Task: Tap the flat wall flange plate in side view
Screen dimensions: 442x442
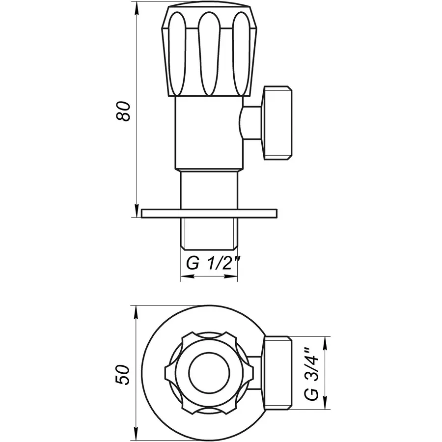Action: click(209, 213)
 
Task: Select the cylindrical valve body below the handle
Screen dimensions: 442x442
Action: click(209, 133)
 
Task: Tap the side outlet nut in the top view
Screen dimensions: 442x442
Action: click(277, 373)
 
